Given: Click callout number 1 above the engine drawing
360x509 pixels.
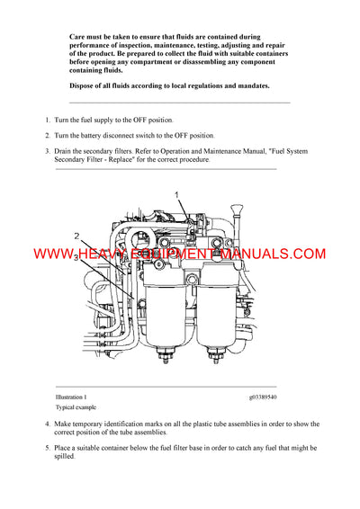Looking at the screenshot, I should pos(177,194).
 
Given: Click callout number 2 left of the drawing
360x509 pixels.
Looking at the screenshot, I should pos(78,237).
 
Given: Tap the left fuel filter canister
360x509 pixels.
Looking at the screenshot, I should pos(172,297).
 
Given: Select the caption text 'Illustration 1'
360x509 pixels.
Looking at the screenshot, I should pos(71,397).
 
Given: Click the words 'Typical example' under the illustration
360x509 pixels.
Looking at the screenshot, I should pos(75,407).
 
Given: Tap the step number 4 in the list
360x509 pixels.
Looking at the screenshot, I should pos(48,424).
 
